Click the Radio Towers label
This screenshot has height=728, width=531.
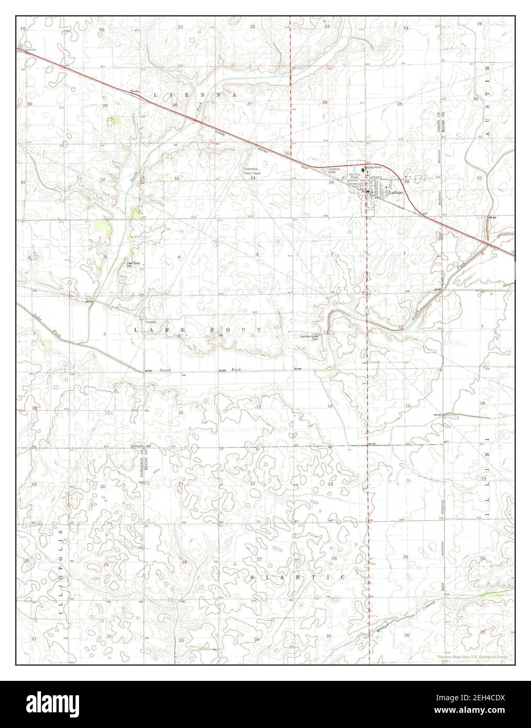pyautogui.click(x=252, y=173)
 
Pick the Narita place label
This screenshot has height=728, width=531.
pyautogui.click(x=135, y=91)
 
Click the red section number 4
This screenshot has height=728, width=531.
pyautogui.click(x=179, y=257)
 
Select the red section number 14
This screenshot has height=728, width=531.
pyautogui.click(x=330, y=406)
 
